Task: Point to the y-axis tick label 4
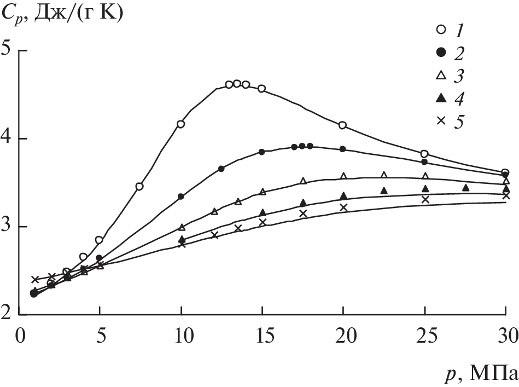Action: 8,138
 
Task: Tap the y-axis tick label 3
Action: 8,226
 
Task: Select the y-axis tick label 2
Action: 8,315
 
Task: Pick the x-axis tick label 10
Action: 181,333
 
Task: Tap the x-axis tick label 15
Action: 262,333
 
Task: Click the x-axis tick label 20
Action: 343,333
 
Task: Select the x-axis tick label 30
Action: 503,333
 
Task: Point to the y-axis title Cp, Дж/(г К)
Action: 63,13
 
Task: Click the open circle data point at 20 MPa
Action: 343,125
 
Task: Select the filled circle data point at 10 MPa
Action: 181,197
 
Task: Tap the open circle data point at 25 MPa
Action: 424,154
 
